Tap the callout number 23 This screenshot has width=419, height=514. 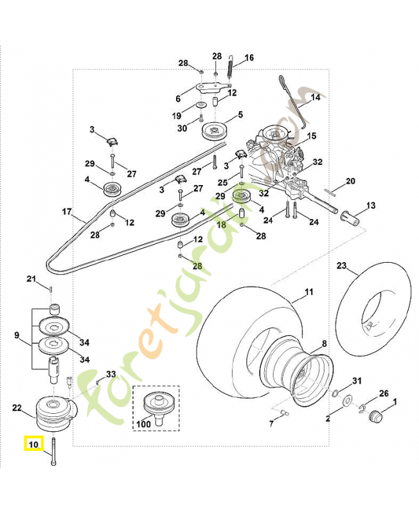tap(341, 265)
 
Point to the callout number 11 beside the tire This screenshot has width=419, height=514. tap(309, 292)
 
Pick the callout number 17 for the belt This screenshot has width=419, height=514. tap(66, 211)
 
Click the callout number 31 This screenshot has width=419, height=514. tap(358, 381)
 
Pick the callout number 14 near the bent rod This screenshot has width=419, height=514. tap(316, 98)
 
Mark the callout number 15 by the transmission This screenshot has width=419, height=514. tap(311, 136)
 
